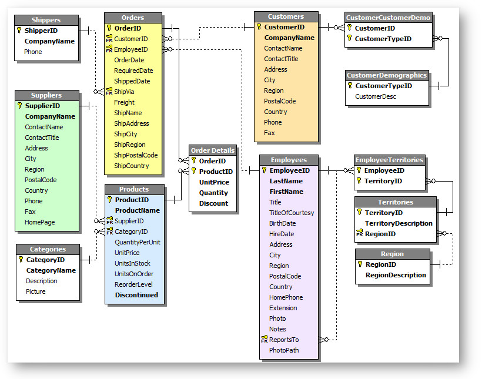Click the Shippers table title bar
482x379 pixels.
(x=46, y=20)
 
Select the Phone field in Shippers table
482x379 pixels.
(x=33, y=52)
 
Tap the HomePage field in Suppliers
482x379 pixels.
(x=39, y=222)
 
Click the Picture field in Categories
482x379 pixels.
(x=35, y=291)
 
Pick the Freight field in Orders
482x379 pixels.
(x=124, y=102)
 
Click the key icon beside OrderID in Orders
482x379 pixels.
(x=109, y=28)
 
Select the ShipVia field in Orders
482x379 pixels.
(x=123, y=92)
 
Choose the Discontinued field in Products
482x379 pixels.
(x=136, y=295)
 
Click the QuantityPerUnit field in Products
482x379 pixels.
(x=137, y=242)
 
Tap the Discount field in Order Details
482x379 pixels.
(x=213, y=203)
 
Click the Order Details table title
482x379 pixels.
(x=213, y=150)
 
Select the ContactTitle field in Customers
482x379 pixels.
(x=281, y=59)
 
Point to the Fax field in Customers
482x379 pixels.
(x=269, y=133)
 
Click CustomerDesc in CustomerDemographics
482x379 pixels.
(x=376, y=96)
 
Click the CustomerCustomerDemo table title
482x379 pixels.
(x=388, y=18)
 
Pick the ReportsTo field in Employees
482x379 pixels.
(x=283, y=340)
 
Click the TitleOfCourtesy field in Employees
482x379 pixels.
(x=292, y=213)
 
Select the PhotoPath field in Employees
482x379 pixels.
(x=284, y=350)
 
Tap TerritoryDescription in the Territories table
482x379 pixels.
(x=399, y=223)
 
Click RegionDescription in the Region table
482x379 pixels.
(x=396, y=275)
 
